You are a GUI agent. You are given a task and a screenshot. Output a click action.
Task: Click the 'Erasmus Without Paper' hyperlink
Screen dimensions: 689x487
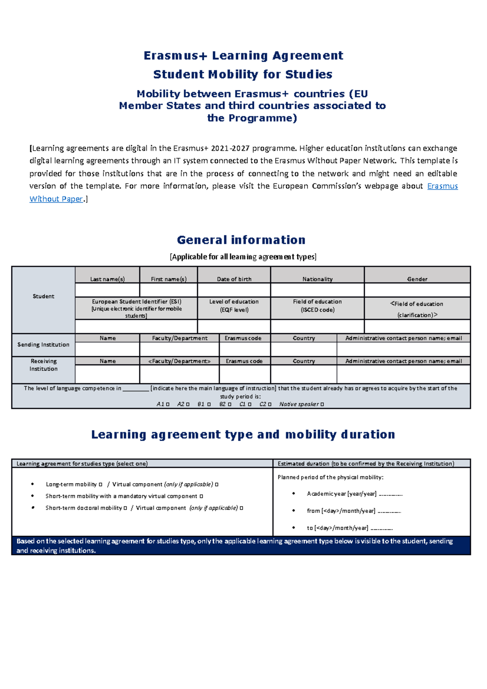(x=442, y=186)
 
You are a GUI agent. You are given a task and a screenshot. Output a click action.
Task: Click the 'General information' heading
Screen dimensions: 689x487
(x=241, y=240)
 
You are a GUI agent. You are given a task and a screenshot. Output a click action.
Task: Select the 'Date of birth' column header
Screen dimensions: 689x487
(x=234, y=279)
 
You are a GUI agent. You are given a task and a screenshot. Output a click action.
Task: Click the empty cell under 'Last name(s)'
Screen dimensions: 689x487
(x=107, y=290)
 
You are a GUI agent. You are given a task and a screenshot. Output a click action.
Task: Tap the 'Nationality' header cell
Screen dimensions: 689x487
(x=317, y=279)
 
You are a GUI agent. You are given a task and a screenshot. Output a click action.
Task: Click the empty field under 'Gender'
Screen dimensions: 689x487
(x=417, y=290)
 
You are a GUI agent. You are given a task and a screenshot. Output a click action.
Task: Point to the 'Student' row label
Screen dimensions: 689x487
(x=43, y=296)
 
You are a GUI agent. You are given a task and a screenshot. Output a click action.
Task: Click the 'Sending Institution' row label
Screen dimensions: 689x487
(x=43, y=344)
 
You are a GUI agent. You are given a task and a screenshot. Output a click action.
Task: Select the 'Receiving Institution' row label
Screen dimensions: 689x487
(x=43, y=365)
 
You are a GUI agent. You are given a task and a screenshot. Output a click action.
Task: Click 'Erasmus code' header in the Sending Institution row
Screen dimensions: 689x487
(x=243, y=338)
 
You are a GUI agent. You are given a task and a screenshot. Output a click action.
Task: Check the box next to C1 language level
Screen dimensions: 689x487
(x=250, y=405)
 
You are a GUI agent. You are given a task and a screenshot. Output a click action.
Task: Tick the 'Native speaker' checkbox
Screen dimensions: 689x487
(x=322, y=405)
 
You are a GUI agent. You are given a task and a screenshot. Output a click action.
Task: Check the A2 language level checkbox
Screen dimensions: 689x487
(x=187, y=405)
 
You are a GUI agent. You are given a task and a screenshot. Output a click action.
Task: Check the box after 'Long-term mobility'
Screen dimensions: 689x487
(x=101, y=484)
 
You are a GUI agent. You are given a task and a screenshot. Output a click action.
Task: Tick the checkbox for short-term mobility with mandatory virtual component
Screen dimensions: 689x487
(x=201, y=496)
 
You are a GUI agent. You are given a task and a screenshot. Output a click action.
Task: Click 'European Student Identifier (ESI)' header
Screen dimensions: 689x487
(x=136, y=301)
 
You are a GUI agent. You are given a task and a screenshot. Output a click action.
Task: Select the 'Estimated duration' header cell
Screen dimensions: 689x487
(x=365, y=464)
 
